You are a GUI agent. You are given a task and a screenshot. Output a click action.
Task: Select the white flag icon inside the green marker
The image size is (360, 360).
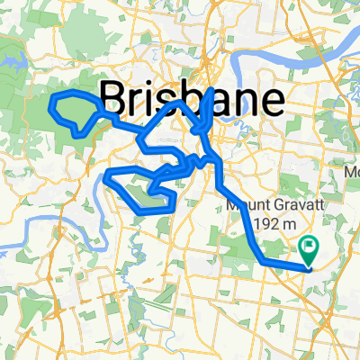[x=309, y=244]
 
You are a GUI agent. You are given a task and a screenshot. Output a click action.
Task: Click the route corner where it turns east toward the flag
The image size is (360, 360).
[x=264, y=260]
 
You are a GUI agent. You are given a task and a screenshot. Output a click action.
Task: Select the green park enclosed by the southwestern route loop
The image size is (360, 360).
[x=135, y=190]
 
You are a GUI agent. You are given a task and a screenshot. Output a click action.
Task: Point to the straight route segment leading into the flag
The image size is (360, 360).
[x=286, y=265]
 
